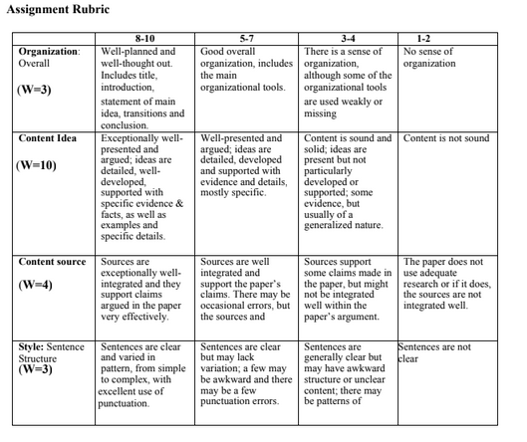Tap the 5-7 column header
[248, 37]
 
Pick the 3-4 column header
[349, 37]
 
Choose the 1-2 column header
[450, 37]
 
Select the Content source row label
[53, 262]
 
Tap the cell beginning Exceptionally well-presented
[145, 188]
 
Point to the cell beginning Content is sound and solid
[349, 181]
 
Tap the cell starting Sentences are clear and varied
[145, 376]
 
